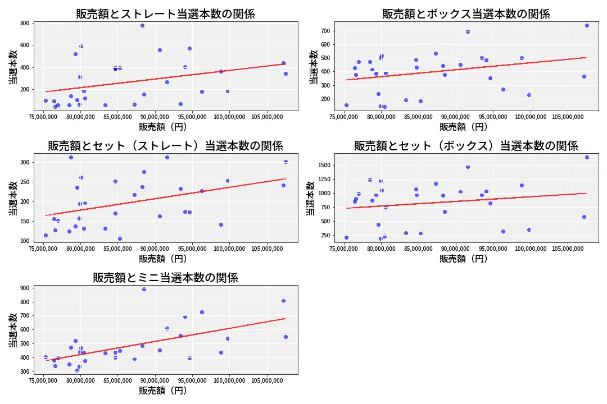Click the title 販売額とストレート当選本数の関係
[x=165, y=14]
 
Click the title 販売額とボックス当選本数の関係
[x=466, y=14]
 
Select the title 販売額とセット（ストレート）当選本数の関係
[x=165, y=146]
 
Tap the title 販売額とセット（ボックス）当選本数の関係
[x=466, y=146]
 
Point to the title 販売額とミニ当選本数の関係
[x=165, y=278]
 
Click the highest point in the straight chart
[x=142, y=25]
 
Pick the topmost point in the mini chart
[x=144, y=289]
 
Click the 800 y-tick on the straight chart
[x=25, y=23]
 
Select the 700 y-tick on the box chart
[x=325, y=31]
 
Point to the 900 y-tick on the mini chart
[x=25, y=288]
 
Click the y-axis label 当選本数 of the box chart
[x=313, y=67]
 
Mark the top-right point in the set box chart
[x=587, y=157]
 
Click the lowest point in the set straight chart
[x=120, y=238]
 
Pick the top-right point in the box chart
[x=587, y=25]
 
